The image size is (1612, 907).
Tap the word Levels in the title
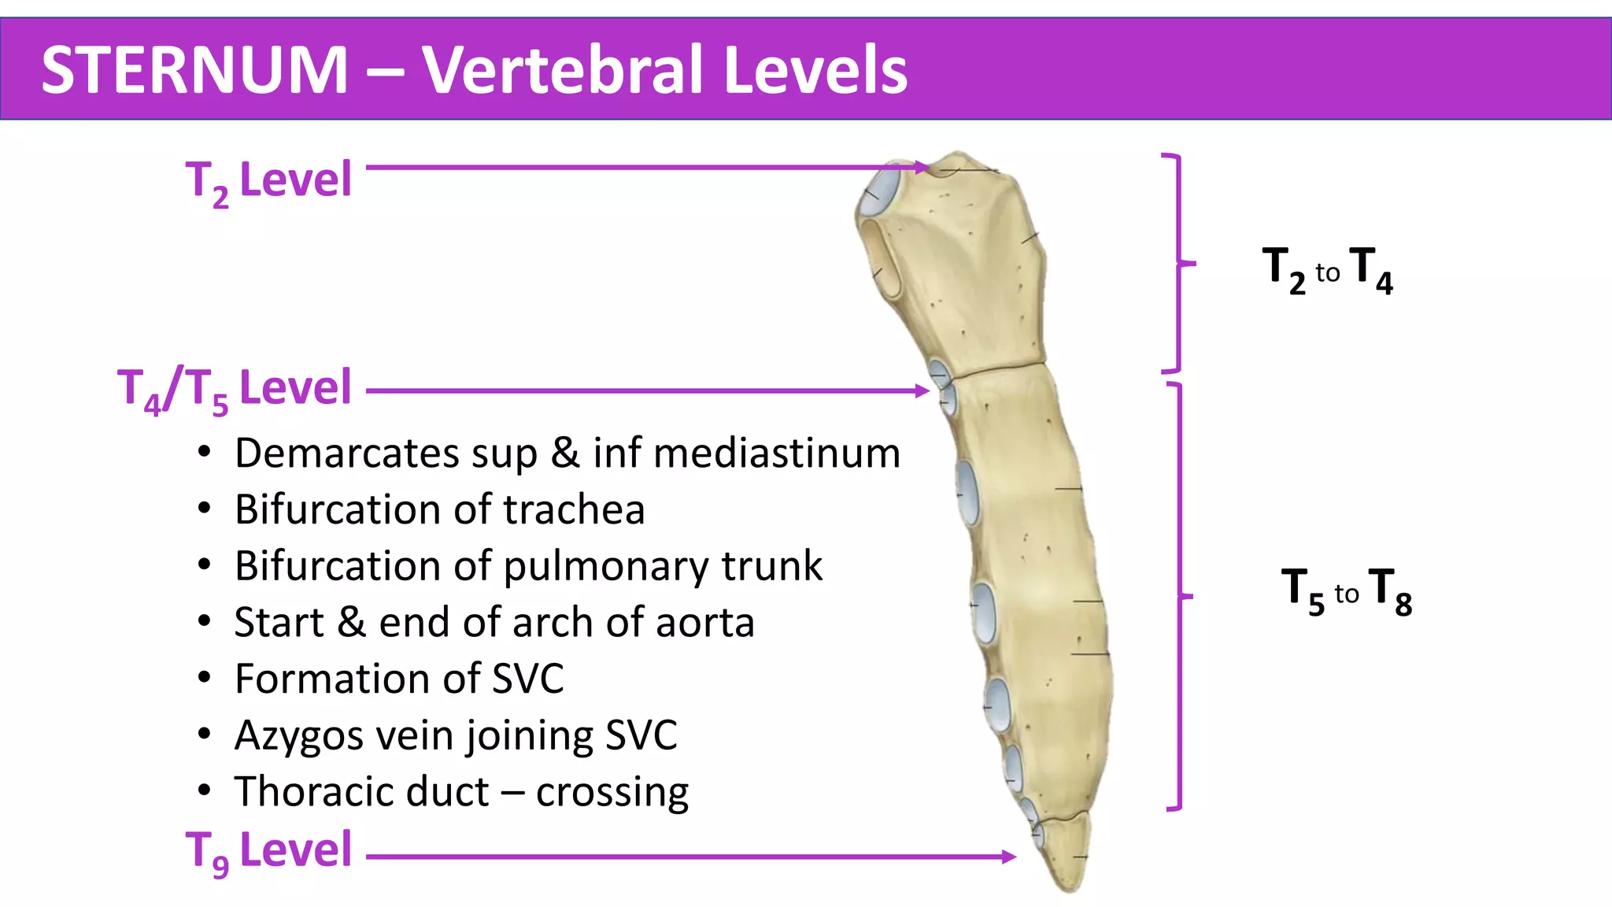815,70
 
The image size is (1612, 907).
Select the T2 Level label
268,180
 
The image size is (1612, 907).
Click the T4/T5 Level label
235,388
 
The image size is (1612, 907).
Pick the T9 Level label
268,850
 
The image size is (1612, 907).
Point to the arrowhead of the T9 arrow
1010,857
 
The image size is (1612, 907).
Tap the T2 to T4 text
1327,270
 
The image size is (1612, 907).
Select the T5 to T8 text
1346,590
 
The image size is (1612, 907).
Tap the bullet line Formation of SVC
399,679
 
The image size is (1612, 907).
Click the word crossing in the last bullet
612,792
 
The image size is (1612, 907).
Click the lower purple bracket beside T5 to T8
1178,596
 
